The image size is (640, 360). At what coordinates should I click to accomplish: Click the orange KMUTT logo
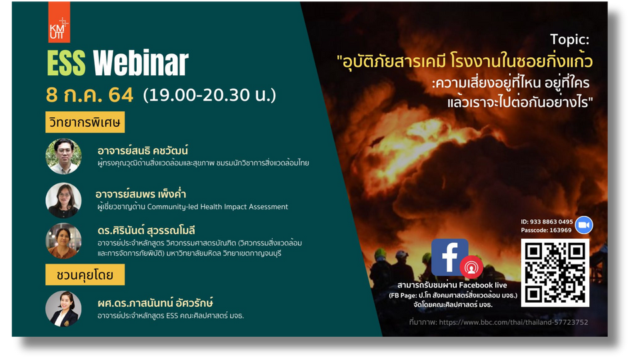click(59, 22)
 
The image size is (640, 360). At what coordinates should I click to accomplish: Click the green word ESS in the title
click(66, 64)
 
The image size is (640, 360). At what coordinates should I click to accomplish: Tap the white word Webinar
click(141, 64)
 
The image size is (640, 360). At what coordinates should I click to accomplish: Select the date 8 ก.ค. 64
click(90, 95)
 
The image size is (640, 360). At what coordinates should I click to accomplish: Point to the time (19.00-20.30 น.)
click(209, 95)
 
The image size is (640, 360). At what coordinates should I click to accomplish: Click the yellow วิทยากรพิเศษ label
click(85, 122)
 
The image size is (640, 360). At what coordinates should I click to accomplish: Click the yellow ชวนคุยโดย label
click(85, 275)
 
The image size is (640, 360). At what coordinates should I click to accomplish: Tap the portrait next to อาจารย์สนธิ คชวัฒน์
click(63, 156)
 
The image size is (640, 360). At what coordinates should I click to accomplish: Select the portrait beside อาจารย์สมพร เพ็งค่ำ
click(63, 200)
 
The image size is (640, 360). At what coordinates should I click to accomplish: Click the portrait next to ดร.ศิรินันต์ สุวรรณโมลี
click(63, 241)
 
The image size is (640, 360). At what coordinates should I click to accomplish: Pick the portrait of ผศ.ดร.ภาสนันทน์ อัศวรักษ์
click(63, 309)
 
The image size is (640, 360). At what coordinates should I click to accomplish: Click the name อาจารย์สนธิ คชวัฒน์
click(143, 151)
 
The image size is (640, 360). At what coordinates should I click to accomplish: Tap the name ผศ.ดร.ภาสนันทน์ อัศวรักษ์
click(155, 303)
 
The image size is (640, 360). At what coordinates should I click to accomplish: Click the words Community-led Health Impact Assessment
click(217, 207)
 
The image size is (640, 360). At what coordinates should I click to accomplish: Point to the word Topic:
click(569, 39)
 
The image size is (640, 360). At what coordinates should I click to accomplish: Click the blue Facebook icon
click(449, 257)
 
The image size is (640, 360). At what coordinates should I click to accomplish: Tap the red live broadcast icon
click(471, 267)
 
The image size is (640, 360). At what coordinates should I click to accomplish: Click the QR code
click(555, 273)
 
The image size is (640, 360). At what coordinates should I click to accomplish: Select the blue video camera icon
click(584, 225)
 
